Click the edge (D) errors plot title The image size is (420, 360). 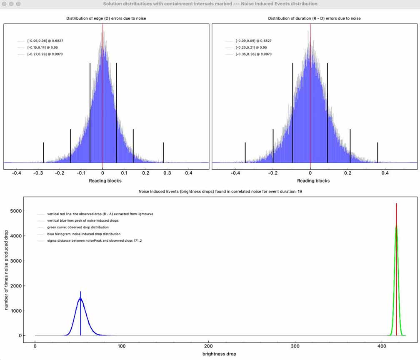tap(106, 19)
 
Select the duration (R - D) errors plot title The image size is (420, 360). tap(315, 19)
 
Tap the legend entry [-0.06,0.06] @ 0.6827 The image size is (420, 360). tap(45, 41)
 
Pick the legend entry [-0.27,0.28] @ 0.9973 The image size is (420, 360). tap(45, 54)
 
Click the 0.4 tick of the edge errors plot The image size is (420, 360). tap(188, 172)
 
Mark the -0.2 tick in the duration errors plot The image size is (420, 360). tap(272, 172)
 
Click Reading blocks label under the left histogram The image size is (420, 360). tap(105, 181)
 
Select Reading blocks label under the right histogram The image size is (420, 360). tap(313, 181)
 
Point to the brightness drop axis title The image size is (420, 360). tap(219, 354)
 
